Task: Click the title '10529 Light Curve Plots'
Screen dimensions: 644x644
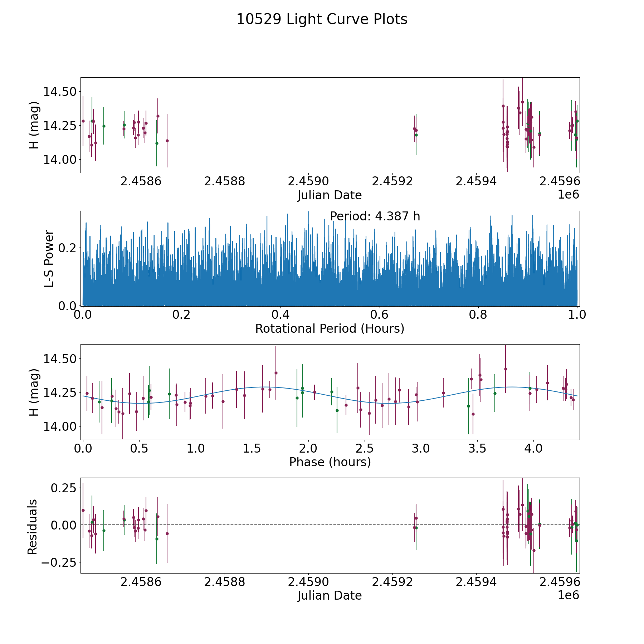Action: (x=322, y=19)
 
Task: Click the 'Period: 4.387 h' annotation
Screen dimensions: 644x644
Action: (x=375, y=216)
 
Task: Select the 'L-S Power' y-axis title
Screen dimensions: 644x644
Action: (x=49, y=259)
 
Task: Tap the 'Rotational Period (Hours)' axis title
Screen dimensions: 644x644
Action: (x=330, y=328)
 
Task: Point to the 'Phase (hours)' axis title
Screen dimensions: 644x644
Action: (x=330, y=462)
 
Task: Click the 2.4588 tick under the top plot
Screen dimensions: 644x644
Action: (x=224, y=181)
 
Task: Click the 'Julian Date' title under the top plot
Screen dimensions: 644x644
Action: (x=330, y=195)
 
